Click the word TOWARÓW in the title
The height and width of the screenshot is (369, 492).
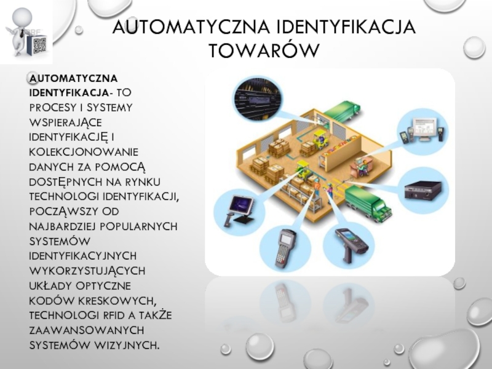264,50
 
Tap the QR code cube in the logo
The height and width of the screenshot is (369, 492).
38,45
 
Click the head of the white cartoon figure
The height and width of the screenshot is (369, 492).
22,18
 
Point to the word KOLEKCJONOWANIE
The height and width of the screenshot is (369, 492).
84,152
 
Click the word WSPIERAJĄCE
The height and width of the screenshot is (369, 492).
66,122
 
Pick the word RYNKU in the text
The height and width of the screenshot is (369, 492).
143,181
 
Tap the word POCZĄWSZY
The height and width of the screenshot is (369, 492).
64,212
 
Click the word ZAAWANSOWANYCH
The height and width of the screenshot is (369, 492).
87,330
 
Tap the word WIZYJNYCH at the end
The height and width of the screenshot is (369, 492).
127,345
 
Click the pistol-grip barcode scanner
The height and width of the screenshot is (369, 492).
351,245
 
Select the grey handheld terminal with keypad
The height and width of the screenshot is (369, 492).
285,248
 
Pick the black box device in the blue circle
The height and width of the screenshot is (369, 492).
423,190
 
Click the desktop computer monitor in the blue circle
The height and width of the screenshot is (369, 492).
424,129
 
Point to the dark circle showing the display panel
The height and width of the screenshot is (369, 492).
257,98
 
